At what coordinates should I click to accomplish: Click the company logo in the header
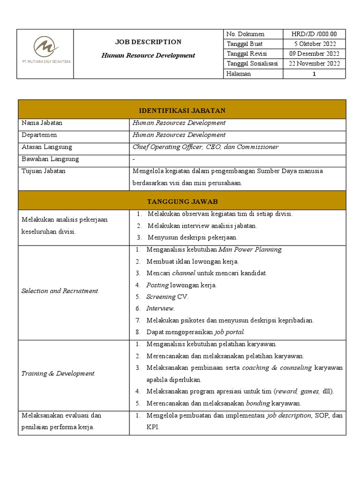pyautogui.click(x=45, y=48)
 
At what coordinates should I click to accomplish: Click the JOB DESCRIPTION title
pyautogui.click(x=148, y=42)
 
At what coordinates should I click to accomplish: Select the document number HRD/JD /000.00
pyautogui.click(x=314, y=34)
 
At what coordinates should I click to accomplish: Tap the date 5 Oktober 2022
pyautogui.click(x=314, y=44)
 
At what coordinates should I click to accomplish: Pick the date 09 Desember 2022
pyautogui.click(x=314, y=54)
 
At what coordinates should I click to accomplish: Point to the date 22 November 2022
pyautogui.click(x=314, y=64)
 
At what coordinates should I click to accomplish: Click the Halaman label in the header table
pyautogui.click(x=239, y=74)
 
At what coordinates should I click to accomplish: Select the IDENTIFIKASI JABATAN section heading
pyautogui.click(x=182, y=111)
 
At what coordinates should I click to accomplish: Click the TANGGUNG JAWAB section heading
pyautogui.click(x=182, y=202)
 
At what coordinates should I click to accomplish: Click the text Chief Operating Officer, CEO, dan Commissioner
pyautogui.click(x=205, y=147)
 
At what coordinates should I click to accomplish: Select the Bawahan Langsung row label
pyautogui.click(x=50, y=159)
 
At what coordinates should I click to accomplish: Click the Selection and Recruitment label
pyautogui.click(x=60, y=291)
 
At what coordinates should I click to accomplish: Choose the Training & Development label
pyautogui.click(x=59, y=374)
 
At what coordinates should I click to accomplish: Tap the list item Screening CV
pyautogui.click(x=167, y=297)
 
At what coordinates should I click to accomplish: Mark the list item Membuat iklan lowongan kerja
pyautogui.click(x=193, y=261)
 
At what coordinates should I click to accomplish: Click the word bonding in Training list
pyautogui.click(x=257, y=403)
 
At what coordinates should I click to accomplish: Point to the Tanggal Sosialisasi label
pyautogui.click(x=252, y=64)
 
